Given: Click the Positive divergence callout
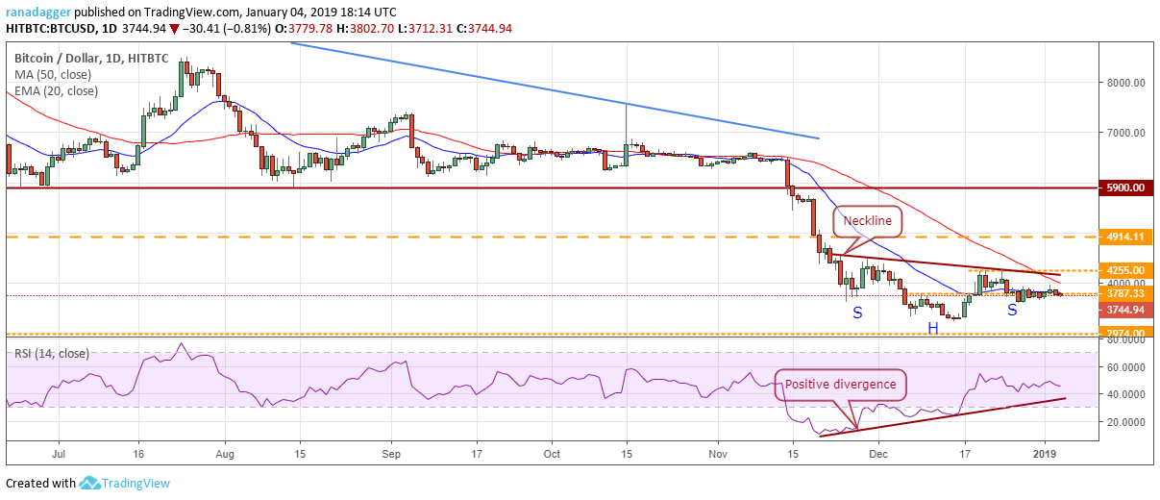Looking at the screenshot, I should (840, 385).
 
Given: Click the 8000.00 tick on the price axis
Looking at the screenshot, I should (1125, 83).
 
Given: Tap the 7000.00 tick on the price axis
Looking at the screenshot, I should (1125, 133).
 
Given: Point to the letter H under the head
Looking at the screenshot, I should (932, 329).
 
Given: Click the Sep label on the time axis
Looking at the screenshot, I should (390, 451).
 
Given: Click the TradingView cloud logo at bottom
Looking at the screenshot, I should (90, 483).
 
